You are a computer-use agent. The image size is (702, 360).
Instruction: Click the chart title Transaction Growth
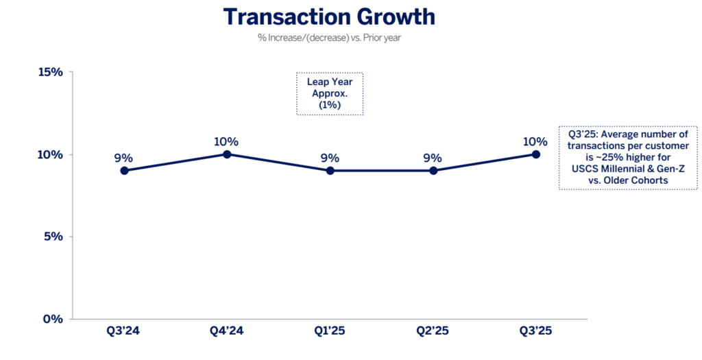(329, 16)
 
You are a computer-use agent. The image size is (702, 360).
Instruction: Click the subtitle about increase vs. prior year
(329, 38)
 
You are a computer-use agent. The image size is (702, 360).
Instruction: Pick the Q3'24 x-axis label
(124, 331)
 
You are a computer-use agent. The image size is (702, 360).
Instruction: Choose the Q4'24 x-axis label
(227, 331)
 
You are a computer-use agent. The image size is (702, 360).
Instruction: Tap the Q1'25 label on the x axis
(330, 331)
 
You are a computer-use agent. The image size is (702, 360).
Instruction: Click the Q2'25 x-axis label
(433, 331)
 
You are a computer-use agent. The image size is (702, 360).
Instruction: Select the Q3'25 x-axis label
(535, 331)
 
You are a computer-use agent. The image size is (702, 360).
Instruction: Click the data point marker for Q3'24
(124, 171)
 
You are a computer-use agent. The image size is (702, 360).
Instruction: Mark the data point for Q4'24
(227, 154)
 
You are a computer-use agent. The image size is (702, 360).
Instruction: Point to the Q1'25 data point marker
(330, 171)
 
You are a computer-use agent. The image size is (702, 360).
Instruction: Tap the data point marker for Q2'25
(433, 171)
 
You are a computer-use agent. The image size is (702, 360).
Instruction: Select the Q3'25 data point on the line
(535, 154)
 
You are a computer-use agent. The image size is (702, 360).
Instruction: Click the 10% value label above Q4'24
(226, 142)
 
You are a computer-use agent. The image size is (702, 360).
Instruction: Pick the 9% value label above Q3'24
(124, 158)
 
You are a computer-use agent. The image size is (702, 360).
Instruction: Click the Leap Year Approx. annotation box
(329, 94)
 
